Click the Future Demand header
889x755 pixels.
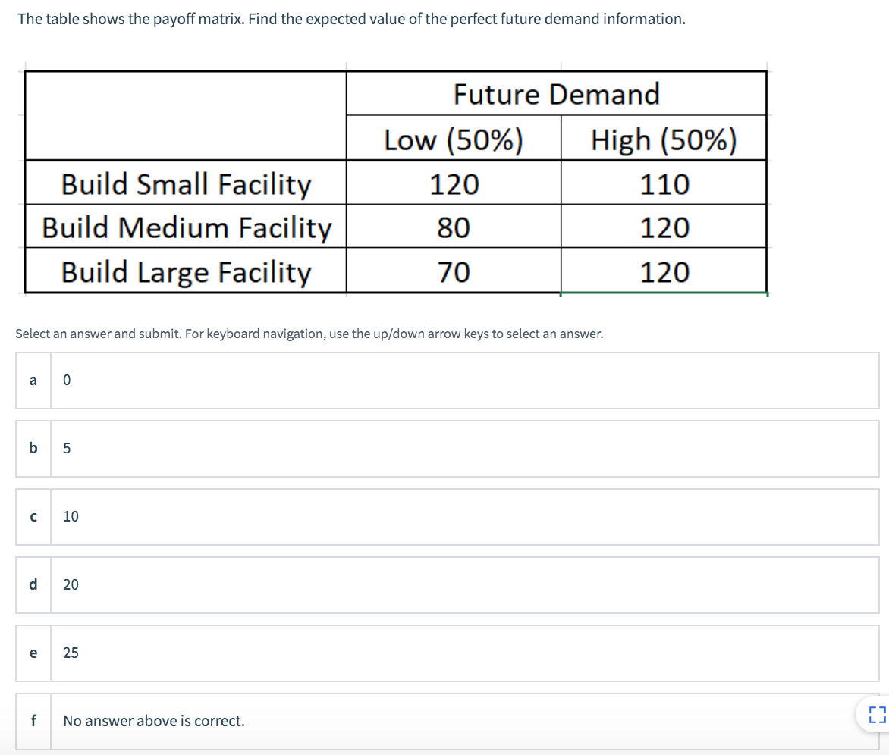[x=556, y=95]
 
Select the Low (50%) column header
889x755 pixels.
[x=454, y=140]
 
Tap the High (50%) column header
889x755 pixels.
[x=664, y=140]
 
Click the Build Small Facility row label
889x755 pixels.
[x=186, y=184]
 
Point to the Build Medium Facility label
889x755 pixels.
[x=187, y=227]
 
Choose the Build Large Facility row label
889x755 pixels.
[x=186, y=271]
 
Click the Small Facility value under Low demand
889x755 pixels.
[x=454, y=184]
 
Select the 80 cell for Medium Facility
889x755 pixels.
[x=454, y=227]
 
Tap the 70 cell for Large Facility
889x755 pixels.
[x=454, y=271]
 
